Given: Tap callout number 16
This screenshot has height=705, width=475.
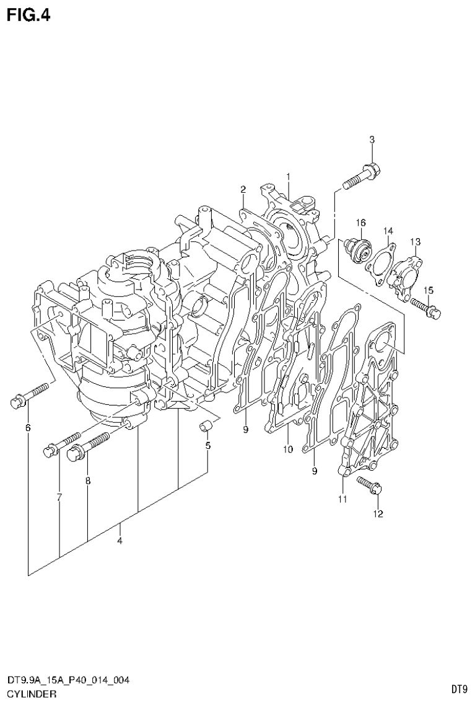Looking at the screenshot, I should click(x=360, y=223).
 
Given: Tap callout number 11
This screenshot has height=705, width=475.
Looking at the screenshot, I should click(x=342, y=499).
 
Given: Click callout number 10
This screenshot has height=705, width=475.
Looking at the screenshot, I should click(x=287, y=449).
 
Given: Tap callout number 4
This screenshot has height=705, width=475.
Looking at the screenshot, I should click(x=120, y=541).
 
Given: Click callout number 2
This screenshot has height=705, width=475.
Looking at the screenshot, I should click(x=243, y=189).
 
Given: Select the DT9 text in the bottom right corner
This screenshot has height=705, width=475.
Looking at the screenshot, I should click(x=458, y=689).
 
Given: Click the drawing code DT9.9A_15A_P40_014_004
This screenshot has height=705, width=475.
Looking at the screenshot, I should click(x=68, y=681).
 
